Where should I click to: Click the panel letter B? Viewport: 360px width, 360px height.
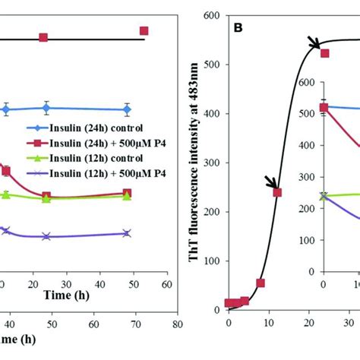pyautogui.click(x=238, y=28)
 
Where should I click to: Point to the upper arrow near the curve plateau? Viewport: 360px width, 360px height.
pyautogui.click(x=313, y=43)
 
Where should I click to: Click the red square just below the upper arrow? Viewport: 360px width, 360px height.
pyautogui.click(x=324, y=53)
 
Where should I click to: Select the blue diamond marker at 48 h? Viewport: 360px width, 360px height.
pyautogui.click(x=126, y=109)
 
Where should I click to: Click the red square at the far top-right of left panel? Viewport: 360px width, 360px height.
pyautogui.click(x=144, y=30)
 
